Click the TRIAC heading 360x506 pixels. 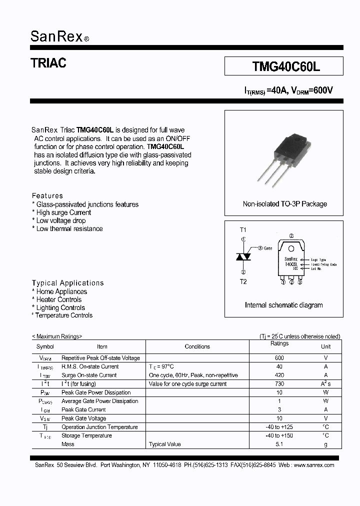48,63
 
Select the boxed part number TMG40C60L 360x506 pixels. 283,66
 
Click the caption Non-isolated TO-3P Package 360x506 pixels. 284,204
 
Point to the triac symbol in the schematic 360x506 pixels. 243,256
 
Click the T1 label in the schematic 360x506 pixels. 243,230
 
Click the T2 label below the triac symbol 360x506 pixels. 243,281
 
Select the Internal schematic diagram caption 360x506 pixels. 283,305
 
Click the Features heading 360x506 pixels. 47,196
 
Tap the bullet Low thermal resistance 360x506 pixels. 69,229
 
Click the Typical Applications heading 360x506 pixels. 67,283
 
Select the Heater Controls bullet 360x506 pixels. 58,300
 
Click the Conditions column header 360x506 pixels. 197,346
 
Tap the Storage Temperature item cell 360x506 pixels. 86,436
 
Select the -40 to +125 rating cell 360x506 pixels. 279,427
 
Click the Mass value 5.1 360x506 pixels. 279,444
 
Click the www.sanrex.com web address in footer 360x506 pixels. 313,465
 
